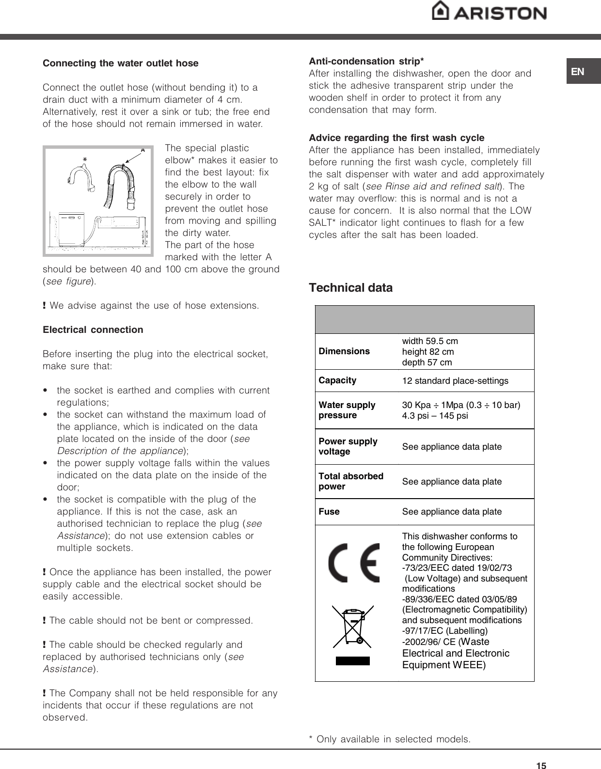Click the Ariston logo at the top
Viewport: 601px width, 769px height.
pos(489,11)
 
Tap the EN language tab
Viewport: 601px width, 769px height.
pos(578,72)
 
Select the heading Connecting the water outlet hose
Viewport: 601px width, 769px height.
pos(121,63)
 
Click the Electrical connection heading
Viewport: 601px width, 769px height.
pos(93,330)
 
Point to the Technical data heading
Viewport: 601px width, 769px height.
pos(351,288)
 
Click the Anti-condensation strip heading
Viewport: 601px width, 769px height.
pos(366,61)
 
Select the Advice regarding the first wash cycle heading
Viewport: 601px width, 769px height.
pos(396,138)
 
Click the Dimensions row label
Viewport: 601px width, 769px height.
pos(344,351)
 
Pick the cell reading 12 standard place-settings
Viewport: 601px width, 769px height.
pos(455,381)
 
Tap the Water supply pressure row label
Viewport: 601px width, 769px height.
pos(347,410)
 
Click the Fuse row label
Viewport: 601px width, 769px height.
pos(329,512)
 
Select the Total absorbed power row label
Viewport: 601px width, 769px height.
pos(351,481)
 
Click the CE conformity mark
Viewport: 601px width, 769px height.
pos(354,563)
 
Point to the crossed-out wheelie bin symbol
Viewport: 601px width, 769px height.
pos(353,627)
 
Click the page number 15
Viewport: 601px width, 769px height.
pos(541,766)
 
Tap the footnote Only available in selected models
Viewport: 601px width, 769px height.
pos(390,739)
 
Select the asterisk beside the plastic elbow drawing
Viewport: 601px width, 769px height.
pos(85,160)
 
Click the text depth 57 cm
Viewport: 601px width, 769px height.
pos(427,362)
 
